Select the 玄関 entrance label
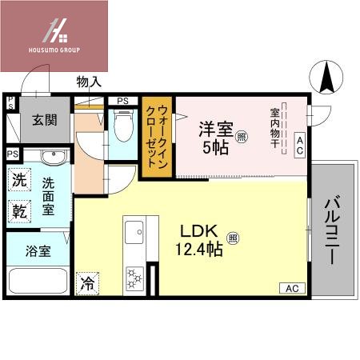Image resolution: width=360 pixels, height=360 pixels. pyautogui.click(x=43, y=120)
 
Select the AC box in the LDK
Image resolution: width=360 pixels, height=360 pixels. pyautogui.click(x=292, y=288)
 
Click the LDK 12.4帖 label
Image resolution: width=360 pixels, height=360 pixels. pyautogui.click(x=202, y=239)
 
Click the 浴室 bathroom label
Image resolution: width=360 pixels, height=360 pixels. pyautogui.click(x=38, y=250)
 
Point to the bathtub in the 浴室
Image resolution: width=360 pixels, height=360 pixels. pyautogui.click(x=38, y=283)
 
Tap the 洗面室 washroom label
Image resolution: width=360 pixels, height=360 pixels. pyautogui.click(x=48, y=196)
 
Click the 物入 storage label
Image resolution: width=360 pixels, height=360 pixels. pyautogui.click(x=88, y=82)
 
